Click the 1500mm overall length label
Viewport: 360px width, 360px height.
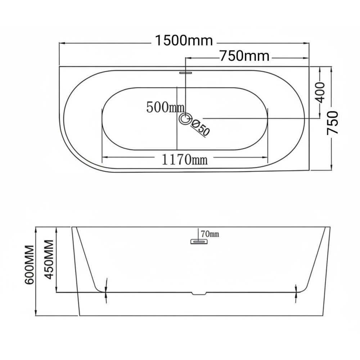point(184,41)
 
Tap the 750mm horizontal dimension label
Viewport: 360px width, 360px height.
point(245,56)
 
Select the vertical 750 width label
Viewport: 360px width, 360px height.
point(333,123)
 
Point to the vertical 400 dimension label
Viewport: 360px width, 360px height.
point(320,92)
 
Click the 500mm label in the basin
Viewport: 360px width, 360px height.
point(165,107)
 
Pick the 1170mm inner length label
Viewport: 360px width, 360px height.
point(185,159)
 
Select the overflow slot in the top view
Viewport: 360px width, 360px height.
point(185,73)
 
